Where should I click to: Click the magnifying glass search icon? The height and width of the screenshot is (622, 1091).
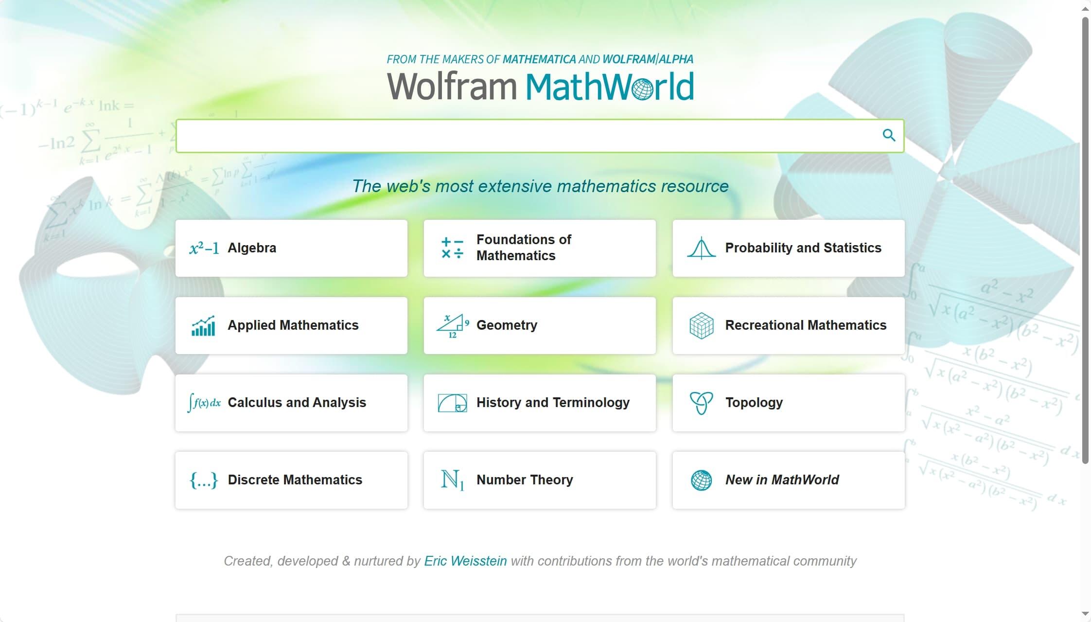(889, 135)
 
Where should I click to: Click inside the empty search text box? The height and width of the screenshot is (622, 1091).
(525, 136)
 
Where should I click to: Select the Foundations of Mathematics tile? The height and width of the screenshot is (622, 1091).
(540, 248)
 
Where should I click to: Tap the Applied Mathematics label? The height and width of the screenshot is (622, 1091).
(293, 325)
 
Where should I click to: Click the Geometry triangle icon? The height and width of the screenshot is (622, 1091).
(452, 326)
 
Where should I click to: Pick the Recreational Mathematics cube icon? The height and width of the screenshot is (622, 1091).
(701, 326)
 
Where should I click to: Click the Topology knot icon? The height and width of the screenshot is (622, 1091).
(701, 403)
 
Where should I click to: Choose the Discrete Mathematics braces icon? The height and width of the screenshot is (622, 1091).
(204, 480)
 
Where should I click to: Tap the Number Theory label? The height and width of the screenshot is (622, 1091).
(525, 480)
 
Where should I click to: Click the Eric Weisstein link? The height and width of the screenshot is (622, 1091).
(465, 561)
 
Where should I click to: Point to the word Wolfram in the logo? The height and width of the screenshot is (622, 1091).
(451, 87)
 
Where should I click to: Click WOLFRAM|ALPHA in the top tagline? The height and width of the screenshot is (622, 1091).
(648, 59)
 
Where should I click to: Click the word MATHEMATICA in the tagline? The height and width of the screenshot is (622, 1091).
(539, 59)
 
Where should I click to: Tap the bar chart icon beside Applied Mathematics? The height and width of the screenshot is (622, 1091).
(204, 326)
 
